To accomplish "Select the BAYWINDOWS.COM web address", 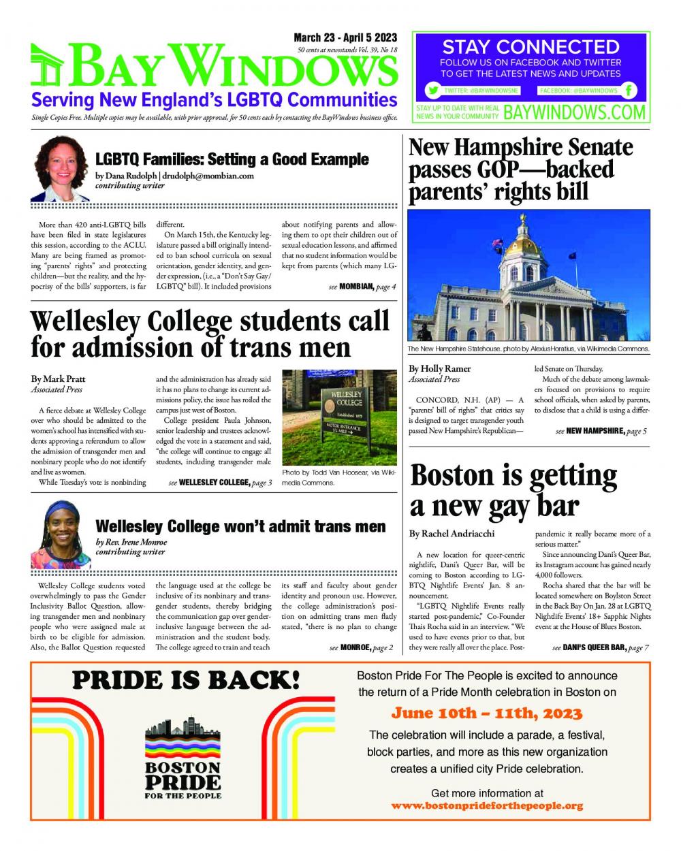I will pos(574,112).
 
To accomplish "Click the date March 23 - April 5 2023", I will pos(345,38).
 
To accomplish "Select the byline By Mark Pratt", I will pos(58,379).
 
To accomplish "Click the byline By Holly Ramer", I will pos(440,369).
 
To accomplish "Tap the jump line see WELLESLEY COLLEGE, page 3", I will pos(220,483).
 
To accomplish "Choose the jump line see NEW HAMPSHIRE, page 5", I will pos(601,431).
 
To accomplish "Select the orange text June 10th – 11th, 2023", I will pos(487,713).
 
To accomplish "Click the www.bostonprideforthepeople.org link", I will pos(487,806).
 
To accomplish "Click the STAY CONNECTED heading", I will pos(530,47).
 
